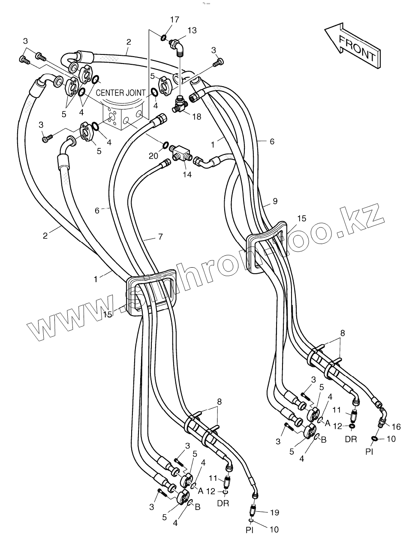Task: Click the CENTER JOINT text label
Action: point(120,92)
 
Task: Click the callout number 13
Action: point(192,30)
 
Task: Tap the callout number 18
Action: point(196,116)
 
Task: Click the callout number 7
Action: point(160,236)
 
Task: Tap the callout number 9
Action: point(275,200)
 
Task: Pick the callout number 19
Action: point(275,512)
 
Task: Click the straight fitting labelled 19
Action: point(254,510)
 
